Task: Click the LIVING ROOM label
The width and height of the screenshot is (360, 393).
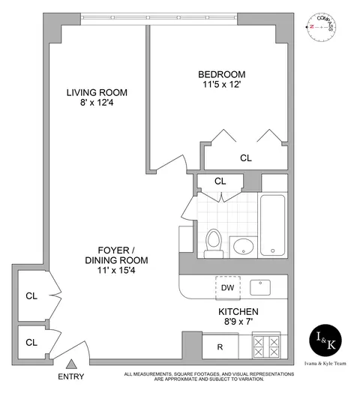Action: [97, 93]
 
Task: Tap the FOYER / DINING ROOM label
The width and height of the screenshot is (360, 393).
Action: [116, 250]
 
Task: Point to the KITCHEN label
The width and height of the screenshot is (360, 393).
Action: [238, 311]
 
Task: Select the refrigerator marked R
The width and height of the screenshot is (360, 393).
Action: [220, 346]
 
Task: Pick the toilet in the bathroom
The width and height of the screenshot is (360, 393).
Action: [212, 241]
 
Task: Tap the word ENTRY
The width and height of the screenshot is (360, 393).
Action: [72, 377]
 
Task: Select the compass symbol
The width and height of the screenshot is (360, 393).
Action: [322, 26]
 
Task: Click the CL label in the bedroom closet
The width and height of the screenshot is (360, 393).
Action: [246, 158]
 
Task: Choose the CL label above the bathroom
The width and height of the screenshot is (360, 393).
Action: [220, 181]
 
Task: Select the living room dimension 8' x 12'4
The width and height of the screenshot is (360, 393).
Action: [97, 105]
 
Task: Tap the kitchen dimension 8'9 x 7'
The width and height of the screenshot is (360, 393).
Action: [238, 322]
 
